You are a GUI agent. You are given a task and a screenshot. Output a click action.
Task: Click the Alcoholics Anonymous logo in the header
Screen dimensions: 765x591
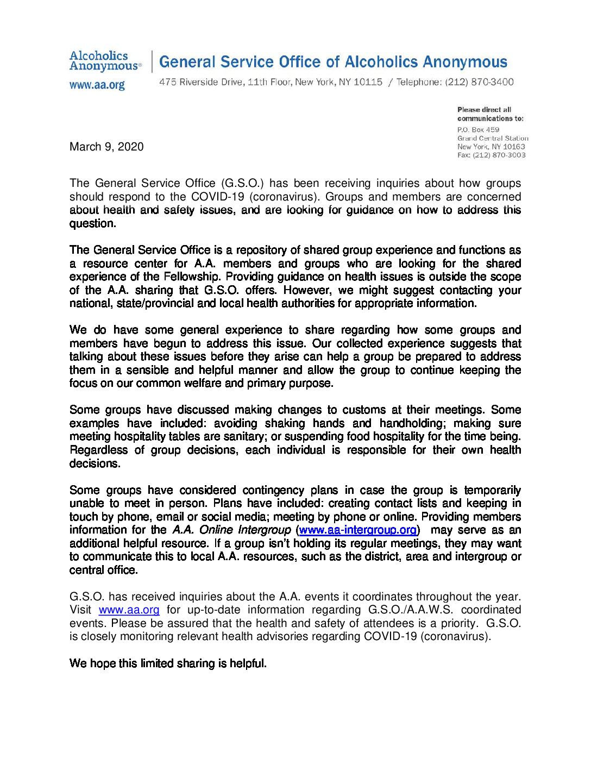[105, 61]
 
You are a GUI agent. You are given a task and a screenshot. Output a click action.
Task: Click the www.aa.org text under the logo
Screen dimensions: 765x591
[97, 85]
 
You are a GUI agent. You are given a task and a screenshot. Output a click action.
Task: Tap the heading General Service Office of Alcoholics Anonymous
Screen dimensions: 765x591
[333, 62]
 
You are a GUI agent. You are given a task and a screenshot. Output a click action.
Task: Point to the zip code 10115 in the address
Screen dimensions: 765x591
[368, 82]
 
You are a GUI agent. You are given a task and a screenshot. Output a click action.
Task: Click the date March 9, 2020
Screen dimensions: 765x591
[106, 147]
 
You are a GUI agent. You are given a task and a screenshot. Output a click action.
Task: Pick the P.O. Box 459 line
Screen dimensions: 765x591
[478, 130]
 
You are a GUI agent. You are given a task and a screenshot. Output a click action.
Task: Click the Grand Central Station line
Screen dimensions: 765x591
[493, 138]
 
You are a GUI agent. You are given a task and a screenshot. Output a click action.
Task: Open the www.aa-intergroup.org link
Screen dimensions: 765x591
[358, 530]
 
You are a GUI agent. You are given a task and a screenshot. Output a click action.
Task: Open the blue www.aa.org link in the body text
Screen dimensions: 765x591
[129, 610]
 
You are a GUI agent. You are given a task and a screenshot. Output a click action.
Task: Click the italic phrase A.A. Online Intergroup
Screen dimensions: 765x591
[231, 530]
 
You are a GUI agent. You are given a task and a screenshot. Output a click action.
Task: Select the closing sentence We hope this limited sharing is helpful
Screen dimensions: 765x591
[168, 663]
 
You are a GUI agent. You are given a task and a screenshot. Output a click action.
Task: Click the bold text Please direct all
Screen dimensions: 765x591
[484, 110]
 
